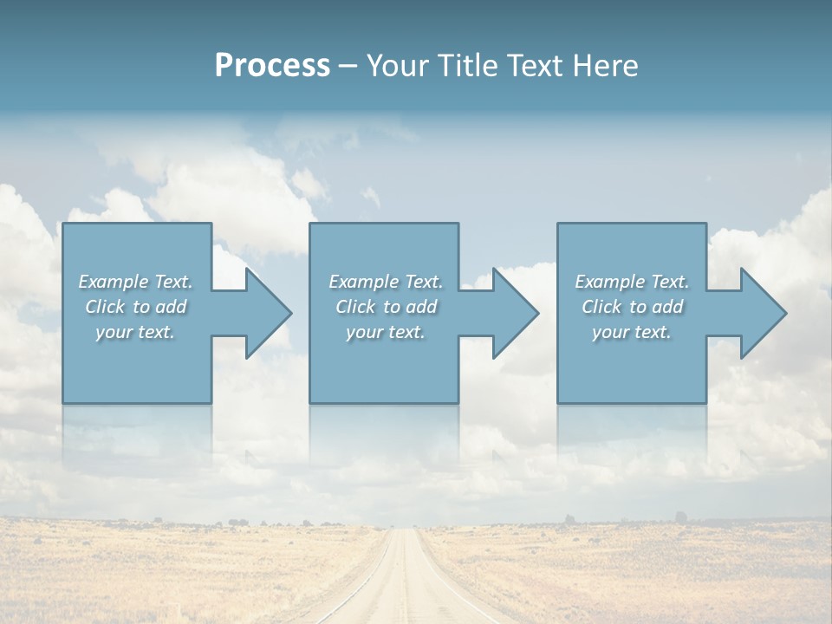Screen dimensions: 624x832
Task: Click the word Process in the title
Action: point(272,66)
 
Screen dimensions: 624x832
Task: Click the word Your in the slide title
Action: point(399,66)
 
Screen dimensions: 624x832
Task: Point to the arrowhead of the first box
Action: point(269,313)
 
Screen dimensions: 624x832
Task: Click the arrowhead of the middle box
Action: point(516,313)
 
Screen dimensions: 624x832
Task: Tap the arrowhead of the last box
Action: point(764,313)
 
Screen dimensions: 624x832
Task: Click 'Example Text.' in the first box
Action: point(135,282)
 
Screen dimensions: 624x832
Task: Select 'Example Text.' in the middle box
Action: point(386,282)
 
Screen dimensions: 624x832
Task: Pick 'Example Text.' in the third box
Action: point(632,282)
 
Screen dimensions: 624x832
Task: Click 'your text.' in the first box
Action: point(135,332)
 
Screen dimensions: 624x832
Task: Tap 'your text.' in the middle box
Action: point(386,332)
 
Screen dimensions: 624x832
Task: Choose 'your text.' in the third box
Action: point(632,332)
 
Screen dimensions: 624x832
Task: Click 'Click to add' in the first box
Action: point(135,307)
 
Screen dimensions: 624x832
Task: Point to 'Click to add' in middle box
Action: point(386,307)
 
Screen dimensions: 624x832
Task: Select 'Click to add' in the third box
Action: point(632,307)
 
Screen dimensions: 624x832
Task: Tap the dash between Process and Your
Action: point(348,66)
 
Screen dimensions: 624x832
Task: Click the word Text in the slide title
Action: point(531,66)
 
